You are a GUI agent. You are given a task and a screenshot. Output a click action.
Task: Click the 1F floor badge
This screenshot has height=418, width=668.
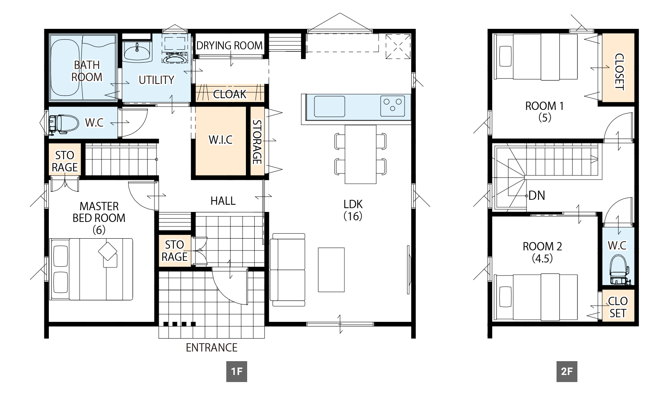[236, 372]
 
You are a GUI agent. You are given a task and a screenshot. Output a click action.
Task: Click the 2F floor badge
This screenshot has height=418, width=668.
[567, 372]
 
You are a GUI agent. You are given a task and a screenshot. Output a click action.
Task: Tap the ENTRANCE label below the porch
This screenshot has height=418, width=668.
[211, 348]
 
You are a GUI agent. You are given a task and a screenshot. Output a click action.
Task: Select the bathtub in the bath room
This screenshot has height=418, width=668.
[66, 68]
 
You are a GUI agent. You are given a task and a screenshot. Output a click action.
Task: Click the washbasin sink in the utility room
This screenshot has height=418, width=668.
[137, 53]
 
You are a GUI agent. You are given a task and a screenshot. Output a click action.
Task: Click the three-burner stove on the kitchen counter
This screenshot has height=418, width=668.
[392, 106]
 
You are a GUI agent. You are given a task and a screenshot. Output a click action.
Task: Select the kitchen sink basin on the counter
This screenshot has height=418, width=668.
[329, 106]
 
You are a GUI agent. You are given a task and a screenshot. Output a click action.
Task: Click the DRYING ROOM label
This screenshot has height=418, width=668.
[229, 46]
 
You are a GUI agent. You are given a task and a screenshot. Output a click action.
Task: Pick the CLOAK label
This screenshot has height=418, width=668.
[230, 94]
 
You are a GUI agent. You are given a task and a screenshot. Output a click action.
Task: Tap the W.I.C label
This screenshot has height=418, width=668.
[220, 140]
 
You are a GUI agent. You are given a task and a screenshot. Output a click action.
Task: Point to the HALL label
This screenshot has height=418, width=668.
[223, 201]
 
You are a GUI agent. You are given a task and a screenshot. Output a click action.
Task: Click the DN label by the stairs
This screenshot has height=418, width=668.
[537, 196]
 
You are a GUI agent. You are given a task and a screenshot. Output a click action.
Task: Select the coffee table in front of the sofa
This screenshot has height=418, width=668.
[331, 270]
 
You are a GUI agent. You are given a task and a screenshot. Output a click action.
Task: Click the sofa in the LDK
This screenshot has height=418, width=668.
[288, 270]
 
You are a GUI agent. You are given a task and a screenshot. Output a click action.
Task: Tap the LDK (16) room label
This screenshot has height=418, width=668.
[353, 210]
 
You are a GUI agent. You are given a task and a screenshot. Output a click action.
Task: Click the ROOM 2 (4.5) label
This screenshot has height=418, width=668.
[542, 252]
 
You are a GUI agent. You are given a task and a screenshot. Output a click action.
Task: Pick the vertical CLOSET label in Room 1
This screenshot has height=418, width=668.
[619, 71]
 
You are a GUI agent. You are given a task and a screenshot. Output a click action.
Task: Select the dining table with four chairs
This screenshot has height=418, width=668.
[361, 154]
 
